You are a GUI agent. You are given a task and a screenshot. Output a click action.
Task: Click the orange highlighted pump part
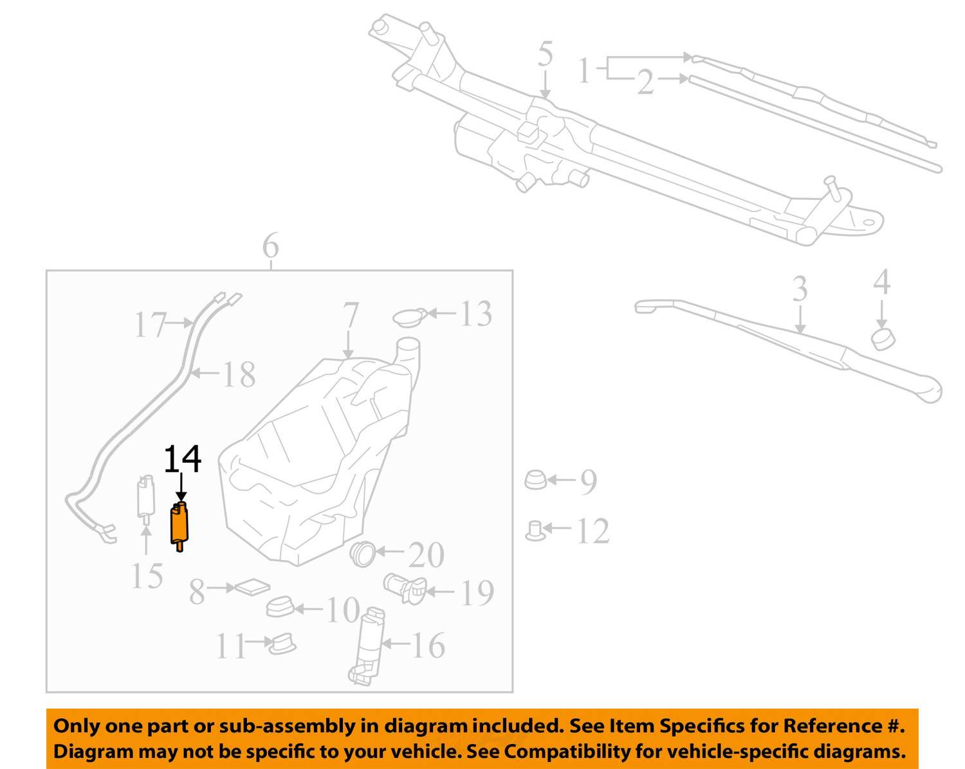[179, 526]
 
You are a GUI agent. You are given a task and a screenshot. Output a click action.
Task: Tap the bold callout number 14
[183, 458]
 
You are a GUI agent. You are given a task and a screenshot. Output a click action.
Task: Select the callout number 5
[546, 54]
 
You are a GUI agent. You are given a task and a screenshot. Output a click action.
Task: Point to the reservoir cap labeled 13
[409, 317]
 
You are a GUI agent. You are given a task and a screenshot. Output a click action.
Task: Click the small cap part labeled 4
[883, 339]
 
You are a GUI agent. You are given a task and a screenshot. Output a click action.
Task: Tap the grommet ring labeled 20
[363, 554]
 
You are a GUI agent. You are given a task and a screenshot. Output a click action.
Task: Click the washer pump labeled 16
[368, 646]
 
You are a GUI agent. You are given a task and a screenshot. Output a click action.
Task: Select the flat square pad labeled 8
[252, 587]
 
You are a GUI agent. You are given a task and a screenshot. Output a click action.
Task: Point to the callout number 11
[230, 646]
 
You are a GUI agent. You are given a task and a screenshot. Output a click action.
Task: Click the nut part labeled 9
[535, 480]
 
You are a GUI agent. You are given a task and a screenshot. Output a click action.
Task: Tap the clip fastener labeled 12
[535, 531]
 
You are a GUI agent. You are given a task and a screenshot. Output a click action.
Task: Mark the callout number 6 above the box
[270, 245]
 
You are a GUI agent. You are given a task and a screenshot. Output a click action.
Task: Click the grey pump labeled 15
[146, 500]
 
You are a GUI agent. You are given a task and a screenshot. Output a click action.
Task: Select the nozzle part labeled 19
[405, 588]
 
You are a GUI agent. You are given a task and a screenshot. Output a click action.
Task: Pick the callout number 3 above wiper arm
[800, 289]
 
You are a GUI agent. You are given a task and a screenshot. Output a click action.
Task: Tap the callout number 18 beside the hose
[239, 374]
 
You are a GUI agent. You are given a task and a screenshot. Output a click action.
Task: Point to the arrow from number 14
[181, 487]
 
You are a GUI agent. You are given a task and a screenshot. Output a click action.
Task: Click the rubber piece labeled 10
[279, 607]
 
